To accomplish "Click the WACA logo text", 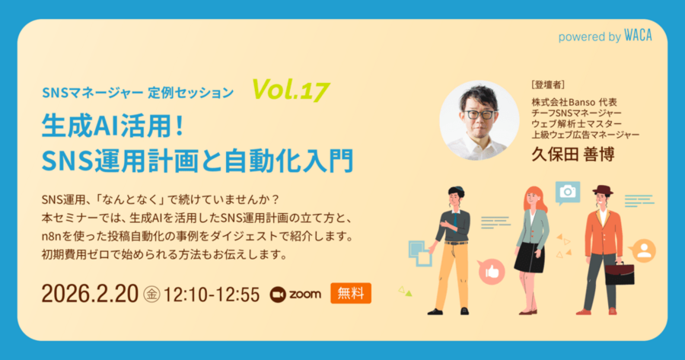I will click(x=638, y=36).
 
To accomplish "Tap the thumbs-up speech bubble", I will click(x=491, y=270).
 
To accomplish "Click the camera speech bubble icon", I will click(x=567, y=192).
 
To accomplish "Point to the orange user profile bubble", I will click(x=644, y=250).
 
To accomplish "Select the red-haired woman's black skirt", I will click(x=528, y=258).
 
